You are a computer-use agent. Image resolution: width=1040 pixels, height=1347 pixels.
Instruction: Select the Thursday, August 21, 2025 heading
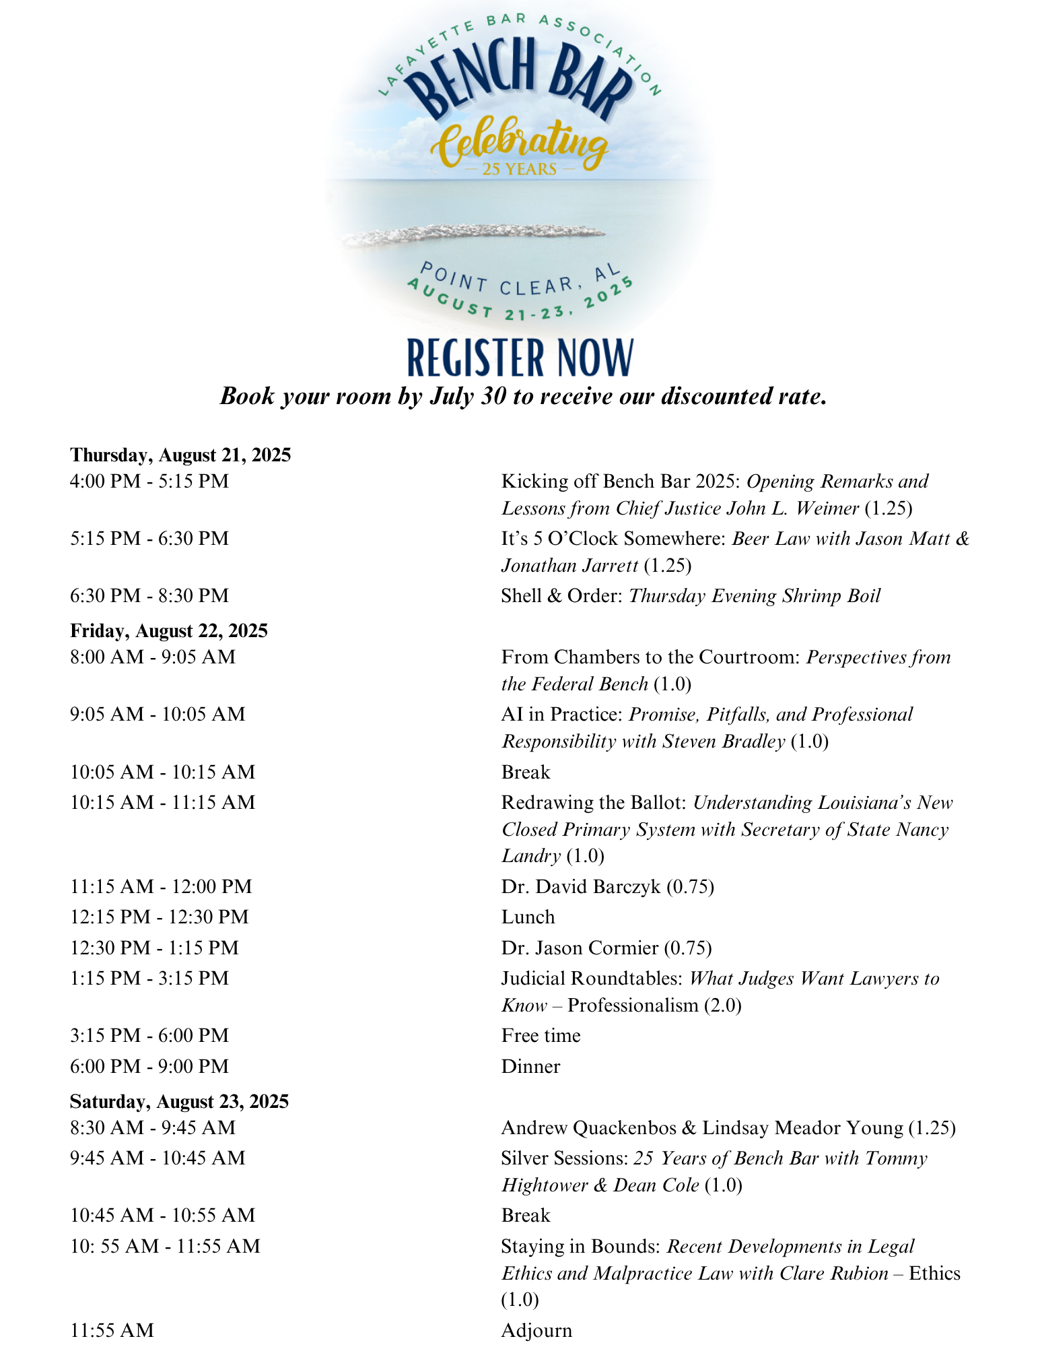point(180,455)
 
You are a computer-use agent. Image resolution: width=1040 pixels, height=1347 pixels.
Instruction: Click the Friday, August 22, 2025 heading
point(169,631)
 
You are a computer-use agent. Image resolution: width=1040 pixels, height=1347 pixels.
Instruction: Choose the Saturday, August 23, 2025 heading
point(179,1102)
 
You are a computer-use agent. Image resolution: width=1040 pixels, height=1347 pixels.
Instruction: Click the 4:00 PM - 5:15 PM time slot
point(149,482)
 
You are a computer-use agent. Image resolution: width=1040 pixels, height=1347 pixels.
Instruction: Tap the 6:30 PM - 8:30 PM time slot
point(149,596)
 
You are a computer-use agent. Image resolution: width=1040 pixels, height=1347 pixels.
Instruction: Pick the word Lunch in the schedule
point(528,917)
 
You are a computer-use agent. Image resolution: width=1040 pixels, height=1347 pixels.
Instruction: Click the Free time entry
point(541,1036)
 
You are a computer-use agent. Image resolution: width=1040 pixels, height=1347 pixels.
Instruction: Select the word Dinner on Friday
point(530,1067)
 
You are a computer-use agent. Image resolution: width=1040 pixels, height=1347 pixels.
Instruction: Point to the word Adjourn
point(536,1331)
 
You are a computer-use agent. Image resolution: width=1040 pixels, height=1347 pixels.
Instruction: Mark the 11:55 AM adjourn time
point(112,1331)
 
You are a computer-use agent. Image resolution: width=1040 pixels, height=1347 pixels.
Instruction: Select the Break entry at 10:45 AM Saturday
point(526,1216)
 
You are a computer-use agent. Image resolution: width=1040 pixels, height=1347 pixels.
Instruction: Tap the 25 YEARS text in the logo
point(520,169)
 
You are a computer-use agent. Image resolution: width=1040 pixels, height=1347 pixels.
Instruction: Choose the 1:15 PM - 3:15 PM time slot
point(149,979)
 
